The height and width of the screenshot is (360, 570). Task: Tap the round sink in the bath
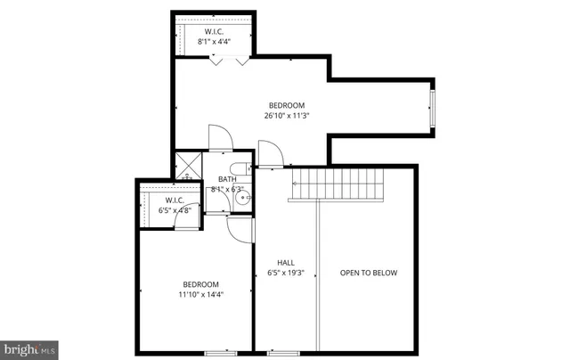point(240,200)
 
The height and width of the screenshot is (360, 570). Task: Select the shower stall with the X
point(188,167)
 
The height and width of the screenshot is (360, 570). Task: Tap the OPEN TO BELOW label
point(368,273)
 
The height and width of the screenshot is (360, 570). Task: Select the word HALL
point(286,263)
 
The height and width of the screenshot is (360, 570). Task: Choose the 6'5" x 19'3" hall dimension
point(286,274)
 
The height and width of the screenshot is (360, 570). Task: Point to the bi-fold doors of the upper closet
point(227,61)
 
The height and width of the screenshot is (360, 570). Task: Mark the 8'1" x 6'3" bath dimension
point(226,189)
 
